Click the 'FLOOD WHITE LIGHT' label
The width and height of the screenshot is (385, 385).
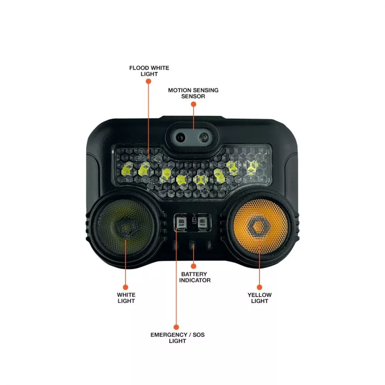(x=149, y=70)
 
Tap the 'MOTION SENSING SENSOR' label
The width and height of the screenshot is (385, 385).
(x=193, y=93)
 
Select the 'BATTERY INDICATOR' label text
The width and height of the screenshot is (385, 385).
(x=195, y=277)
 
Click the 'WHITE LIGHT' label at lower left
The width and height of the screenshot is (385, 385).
(x=126, y=298)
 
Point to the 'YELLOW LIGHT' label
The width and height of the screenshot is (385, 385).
(x=259, y=298)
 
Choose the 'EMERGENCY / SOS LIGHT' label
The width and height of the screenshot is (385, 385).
(x=177, y=338)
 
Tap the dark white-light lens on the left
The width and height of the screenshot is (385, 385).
(x=126, y=227)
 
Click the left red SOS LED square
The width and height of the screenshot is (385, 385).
(x=181, y=222)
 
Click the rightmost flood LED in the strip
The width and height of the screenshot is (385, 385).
(x=252, y=166)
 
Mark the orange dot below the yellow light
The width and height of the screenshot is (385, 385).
(x=259, y=287)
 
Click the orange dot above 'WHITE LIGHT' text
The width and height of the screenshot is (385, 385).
(x=125, y=287)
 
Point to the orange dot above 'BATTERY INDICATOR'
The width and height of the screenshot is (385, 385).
(x=194, y=266)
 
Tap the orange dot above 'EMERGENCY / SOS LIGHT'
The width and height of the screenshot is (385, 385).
(x=177, y=327)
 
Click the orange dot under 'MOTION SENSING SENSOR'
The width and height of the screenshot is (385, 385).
(x=193, y=103)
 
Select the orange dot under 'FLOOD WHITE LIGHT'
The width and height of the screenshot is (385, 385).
(x=149, y=81)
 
